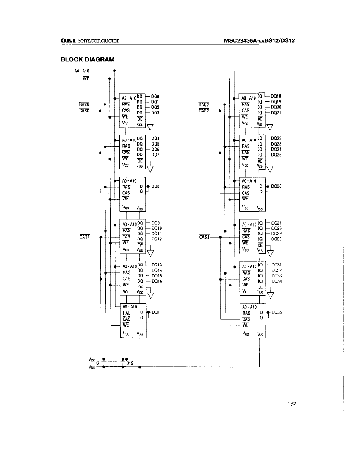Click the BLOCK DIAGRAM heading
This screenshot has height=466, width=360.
(88, 59)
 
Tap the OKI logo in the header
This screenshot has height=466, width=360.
(68, 41)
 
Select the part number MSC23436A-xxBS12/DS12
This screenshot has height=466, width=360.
(259, 41)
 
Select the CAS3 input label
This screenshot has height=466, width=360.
(204, 236)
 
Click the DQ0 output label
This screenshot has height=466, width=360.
(155, 96)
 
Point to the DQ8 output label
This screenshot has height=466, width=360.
(155, 186)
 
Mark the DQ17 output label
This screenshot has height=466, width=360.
(156, 312)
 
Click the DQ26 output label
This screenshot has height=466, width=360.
(276, 186)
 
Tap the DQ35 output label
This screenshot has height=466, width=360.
(277, 312)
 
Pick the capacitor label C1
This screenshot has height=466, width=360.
(99, 363)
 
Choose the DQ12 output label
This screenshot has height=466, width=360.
(156, 239)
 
